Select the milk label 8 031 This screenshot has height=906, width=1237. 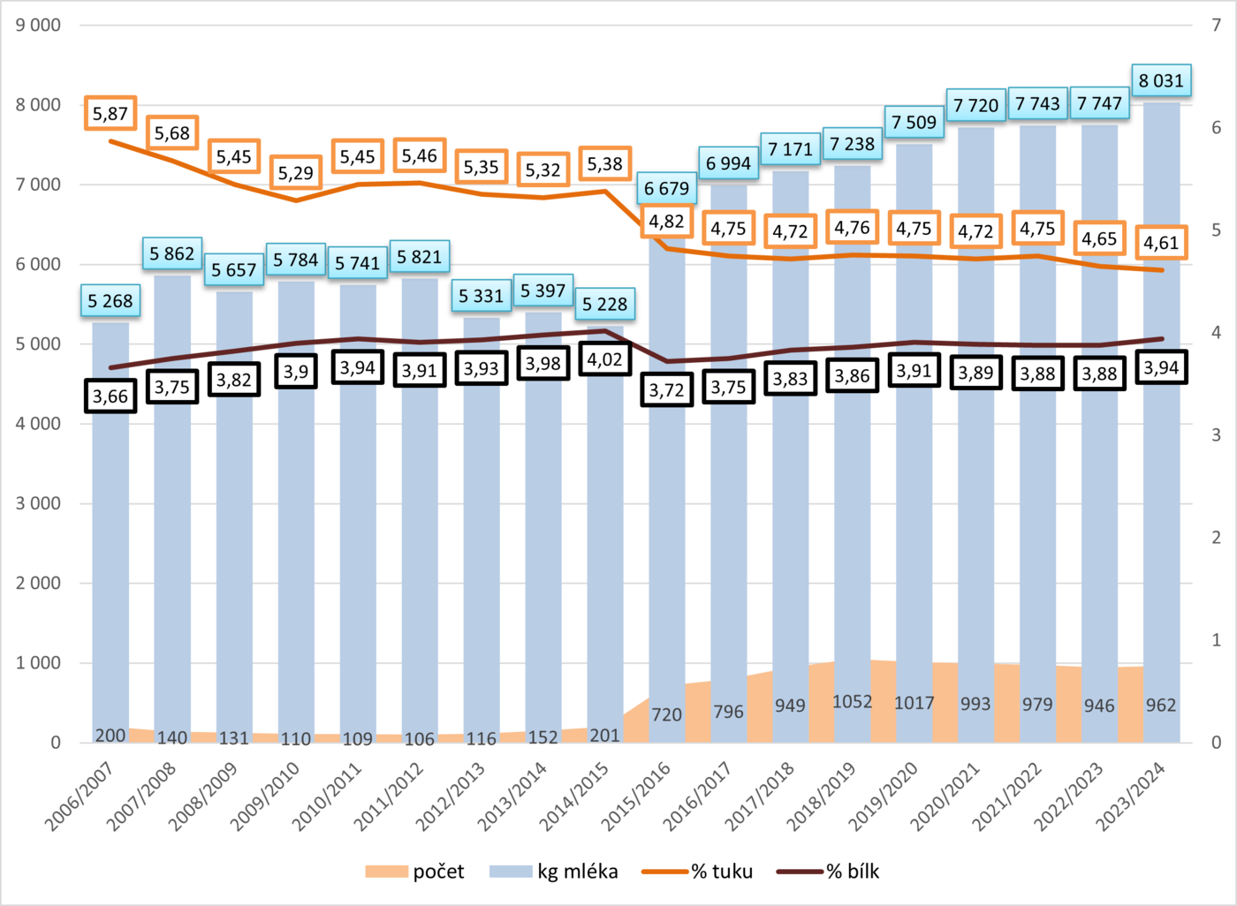tap(1161, 81)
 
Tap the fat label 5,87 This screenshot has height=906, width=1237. tap(110, 114)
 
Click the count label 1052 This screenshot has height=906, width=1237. tap(852, 702)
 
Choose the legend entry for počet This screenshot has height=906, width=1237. tap(415, 872)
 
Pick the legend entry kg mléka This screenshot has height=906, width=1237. tap(554, 872)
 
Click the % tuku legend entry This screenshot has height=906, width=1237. tap(698, 872)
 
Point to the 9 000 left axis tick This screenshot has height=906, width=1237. tap(38, 26)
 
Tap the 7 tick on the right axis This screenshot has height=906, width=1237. tap(1217, 26)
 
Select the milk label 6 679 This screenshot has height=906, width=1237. tap(666, 189)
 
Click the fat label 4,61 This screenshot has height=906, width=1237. tap(1161, 243)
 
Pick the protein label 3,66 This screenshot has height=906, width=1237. tap(110, 396)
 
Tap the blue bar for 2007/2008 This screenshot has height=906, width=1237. tap(172, 530)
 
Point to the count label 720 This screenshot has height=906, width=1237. tap(666, 714)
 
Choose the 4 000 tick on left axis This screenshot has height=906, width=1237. tap(38, 424)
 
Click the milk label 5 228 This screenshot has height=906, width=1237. tap(605, 305)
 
